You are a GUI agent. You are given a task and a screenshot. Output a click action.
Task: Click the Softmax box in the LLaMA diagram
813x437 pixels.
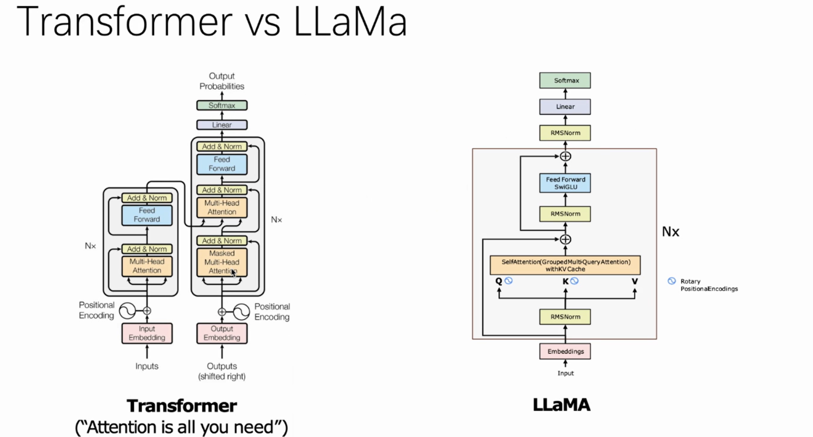click(565, 80)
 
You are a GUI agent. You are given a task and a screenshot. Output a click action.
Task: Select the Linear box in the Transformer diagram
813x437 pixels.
click(222, 125)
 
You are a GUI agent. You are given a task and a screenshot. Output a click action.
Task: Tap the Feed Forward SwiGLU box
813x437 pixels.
click(565, 183)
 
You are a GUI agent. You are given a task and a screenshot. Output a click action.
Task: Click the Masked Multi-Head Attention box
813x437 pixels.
click(222, 262)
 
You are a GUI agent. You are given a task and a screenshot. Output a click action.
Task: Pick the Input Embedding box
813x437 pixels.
click(147, 333)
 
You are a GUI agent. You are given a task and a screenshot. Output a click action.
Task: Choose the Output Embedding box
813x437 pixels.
click(222, 333)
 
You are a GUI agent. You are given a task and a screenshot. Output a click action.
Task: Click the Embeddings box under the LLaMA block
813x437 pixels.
click(565, 352)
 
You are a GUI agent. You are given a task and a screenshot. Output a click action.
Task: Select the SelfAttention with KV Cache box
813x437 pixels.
click(565, 265)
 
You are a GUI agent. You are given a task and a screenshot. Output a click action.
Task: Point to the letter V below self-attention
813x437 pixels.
click(635, 281)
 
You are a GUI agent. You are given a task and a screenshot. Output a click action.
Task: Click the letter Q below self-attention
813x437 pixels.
click(498, 281)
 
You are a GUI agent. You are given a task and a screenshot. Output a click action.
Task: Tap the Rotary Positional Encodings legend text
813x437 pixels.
click(708, 285)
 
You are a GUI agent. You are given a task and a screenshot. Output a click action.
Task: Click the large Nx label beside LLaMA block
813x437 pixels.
click(670, 232)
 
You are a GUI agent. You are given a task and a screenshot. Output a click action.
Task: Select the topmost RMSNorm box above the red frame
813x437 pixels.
click(565, 133)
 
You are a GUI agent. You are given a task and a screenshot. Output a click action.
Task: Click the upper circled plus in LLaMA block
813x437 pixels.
click(565, 157)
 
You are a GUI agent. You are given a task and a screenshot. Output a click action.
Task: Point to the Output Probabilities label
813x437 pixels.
click(222, 81)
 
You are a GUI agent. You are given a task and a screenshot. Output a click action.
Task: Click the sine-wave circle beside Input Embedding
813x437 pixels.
click(127, 311)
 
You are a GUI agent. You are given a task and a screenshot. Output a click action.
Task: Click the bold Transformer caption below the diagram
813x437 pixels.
click(182, 406)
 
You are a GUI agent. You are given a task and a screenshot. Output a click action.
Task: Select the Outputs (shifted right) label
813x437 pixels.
click(222, 371)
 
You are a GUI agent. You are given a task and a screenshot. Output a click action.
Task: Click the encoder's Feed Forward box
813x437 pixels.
click(147, 215)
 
